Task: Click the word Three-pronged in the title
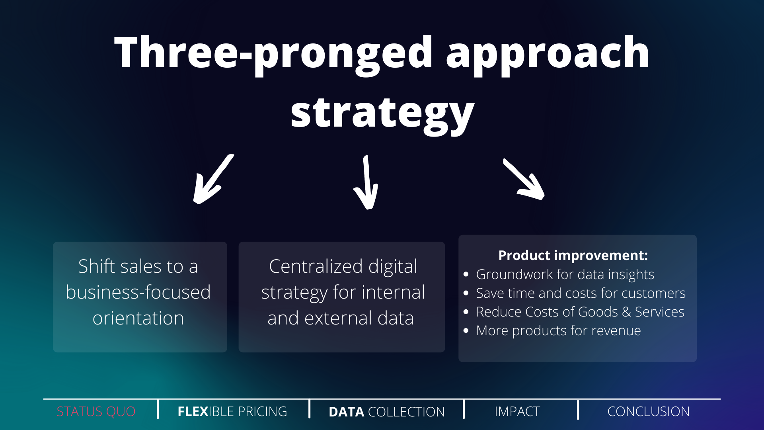coord(273,53)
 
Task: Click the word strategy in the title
coord(382,114)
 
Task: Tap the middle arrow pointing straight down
coord(366,182)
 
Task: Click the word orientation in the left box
coord(138,318)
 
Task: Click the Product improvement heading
coord(573,255)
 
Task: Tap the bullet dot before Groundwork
coord(466,274)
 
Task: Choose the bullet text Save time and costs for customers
coord(581,293)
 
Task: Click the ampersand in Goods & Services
coord(626,312)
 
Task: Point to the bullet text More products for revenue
coord(558,330)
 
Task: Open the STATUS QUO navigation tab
coord(96,411)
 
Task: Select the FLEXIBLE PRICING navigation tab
coord(232,411)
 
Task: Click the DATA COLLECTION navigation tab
coord(387,412)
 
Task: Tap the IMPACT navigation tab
coord(517,411)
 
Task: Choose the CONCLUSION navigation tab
coord(649,411)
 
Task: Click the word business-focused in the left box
coord(138,292)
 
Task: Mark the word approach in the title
coord(548,53)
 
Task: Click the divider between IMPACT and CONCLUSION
coord(578,410)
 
